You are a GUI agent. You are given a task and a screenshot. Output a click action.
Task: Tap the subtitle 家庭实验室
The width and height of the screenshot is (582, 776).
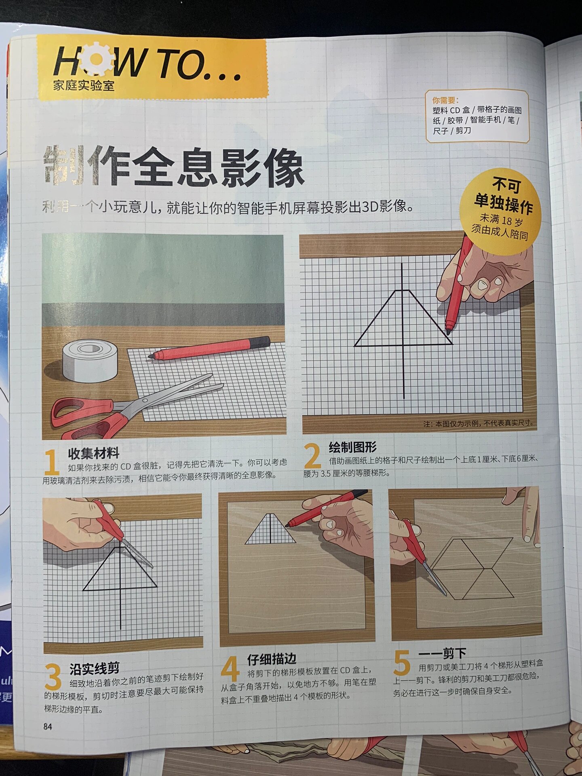point(84,86)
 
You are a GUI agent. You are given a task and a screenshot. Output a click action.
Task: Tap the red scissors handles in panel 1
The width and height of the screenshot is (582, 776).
point(87,416)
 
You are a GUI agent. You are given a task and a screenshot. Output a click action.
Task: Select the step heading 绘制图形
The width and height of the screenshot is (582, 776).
point(352,447)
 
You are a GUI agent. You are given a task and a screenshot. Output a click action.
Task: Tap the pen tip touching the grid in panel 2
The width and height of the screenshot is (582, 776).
point(448,333)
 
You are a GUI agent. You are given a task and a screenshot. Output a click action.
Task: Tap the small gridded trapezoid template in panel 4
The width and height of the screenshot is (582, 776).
point(270,529)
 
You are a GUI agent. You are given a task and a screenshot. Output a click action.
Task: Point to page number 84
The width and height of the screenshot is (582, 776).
point(48,727)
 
